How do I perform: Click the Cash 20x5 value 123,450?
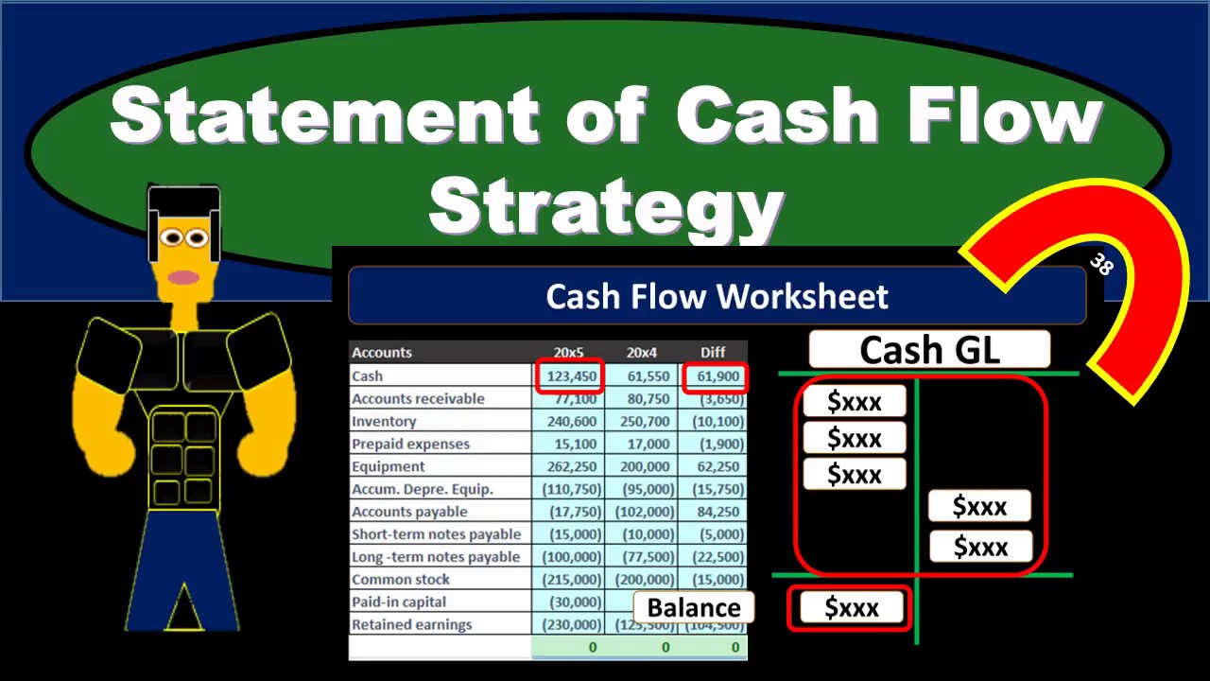(x=569, y=376)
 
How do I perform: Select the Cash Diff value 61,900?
(x=715, y=376)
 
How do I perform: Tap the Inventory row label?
(x=384, y=422)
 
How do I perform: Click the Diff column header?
(x=713, y=353)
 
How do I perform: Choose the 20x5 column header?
(x=568, y=353)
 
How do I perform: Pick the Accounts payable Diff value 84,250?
(x=715, y=513)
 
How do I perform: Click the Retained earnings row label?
(x=411, y=625)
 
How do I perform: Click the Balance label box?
(x=694, y=608)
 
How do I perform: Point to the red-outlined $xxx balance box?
(x=851, y=608)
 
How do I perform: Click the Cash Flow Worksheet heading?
(x=717, y=297)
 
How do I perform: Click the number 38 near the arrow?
(x=1100, y=264)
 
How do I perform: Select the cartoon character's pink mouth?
(x=183, y=277)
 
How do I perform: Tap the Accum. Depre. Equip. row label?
(x=423, y=490)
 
